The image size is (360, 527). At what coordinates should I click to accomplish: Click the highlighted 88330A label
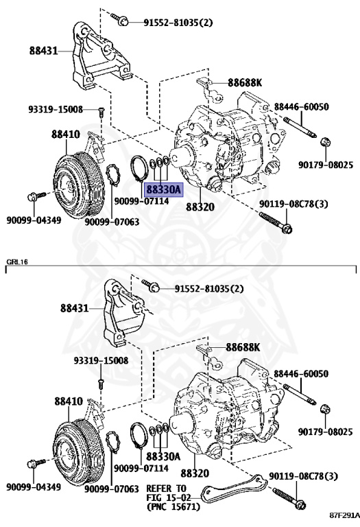(163, 190)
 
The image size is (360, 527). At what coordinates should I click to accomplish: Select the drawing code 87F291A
(344, 515)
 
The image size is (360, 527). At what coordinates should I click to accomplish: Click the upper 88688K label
(245, 82)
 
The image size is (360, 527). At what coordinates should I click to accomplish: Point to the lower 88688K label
(243, 347)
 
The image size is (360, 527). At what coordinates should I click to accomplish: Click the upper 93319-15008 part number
(56, 109)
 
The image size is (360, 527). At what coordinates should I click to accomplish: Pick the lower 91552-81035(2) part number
(209, 289)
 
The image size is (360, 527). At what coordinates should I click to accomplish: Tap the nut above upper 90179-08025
(326, 142)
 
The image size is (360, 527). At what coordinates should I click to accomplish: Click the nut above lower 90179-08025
(326, 409)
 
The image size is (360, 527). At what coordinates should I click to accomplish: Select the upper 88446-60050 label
(301, 107)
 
